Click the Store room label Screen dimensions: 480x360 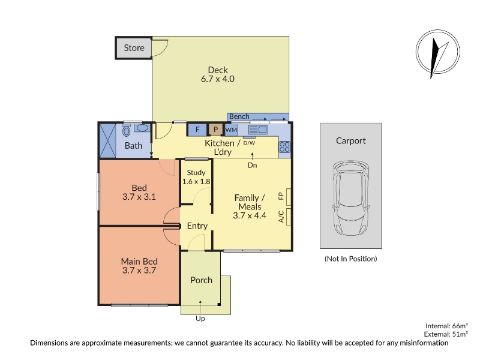134,48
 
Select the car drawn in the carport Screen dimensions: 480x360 350,198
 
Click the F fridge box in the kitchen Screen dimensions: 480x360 197,130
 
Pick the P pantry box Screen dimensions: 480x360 215,130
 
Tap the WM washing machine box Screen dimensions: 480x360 231,130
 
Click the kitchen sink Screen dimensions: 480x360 257,130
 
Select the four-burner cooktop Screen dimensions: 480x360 284,146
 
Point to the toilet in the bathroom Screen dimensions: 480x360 126,130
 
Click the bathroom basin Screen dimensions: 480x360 142,128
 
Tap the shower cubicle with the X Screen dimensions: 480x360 107,140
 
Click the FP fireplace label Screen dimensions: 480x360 281,196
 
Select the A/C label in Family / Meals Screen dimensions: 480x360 281,217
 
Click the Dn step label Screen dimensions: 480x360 252,166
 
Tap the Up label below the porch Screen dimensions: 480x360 200,319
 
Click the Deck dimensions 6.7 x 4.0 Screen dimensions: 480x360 218,79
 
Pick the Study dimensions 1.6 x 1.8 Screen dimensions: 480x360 196,181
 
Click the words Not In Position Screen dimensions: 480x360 351,259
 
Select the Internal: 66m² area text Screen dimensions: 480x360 446,326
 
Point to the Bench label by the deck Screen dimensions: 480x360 239,116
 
